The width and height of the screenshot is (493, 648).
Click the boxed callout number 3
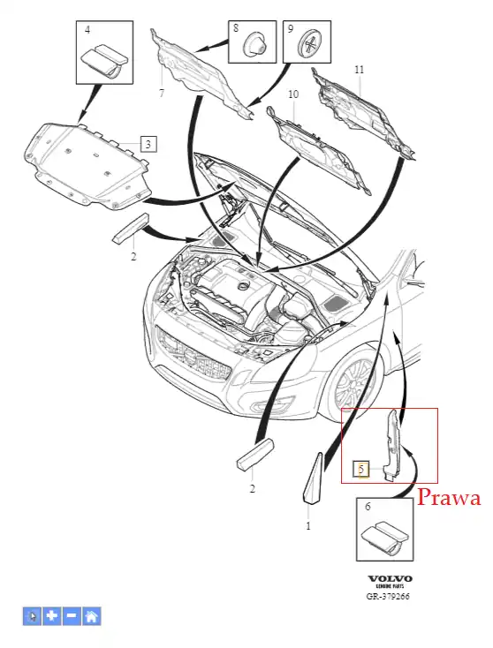[x=148, y=144]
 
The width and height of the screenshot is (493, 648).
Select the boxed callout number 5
[x=361, y=469]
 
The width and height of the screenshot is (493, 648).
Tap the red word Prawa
[x=449, y=498]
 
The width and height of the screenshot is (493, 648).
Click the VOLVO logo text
[x=390, y=578]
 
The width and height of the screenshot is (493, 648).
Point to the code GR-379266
[x=388, y=596]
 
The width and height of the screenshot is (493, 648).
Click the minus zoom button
[x=72, y=616]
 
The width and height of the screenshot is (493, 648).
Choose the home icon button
[x=92, y=616]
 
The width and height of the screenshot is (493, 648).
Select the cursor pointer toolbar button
[x=32, y=616]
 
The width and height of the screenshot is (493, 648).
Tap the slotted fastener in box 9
[x=312, y=42]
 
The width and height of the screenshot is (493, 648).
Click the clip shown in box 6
[x=385, y=537]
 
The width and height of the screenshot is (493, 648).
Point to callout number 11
[x=359, y=70]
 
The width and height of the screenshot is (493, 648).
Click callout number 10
[x=292, y=94]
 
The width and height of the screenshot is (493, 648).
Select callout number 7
[x=162, y=94]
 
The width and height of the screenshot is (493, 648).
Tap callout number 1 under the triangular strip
[x=308, y=525]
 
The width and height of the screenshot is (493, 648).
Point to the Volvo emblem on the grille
[x=190, y=356]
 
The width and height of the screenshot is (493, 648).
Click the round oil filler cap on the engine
[x=243, y=286]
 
